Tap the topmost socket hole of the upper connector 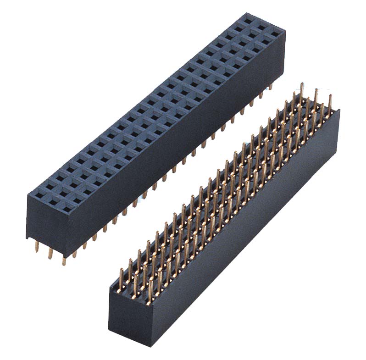(248, 20)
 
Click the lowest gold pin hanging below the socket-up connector (64, 261)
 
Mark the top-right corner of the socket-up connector (285, 31)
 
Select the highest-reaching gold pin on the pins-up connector (301, 87)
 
